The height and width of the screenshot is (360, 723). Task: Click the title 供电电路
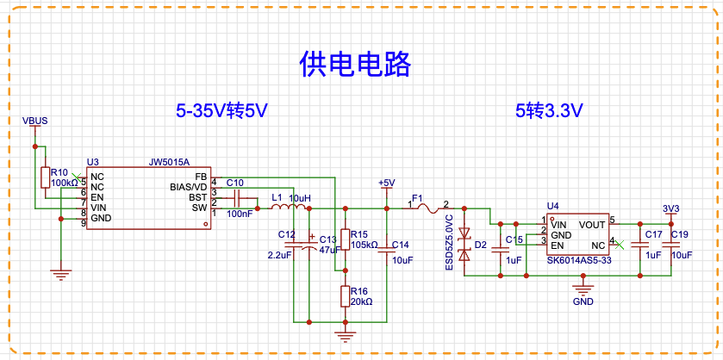355,64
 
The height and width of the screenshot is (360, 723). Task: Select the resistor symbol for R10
45,177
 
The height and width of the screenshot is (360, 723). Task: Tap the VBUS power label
35,121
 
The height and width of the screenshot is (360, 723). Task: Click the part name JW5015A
169,162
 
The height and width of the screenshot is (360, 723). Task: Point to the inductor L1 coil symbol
288,208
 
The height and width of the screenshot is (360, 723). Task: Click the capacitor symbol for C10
238,198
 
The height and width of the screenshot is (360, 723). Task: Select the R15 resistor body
345,239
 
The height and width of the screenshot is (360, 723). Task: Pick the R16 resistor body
345,296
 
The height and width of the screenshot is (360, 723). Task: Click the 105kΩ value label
365,244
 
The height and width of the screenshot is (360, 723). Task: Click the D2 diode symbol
464,245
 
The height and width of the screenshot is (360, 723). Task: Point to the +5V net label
386,183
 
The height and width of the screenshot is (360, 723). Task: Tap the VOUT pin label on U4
593,225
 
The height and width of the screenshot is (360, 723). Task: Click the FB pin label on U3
201,177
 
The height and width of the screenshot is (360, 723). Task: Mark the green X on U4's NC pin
620,245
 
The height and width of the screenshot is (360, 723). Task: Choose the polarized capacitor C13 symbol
309,245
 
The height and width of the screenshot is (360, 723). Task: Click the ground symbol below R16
345,337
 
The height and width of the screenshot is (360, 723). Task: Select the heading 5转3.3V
550,111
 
